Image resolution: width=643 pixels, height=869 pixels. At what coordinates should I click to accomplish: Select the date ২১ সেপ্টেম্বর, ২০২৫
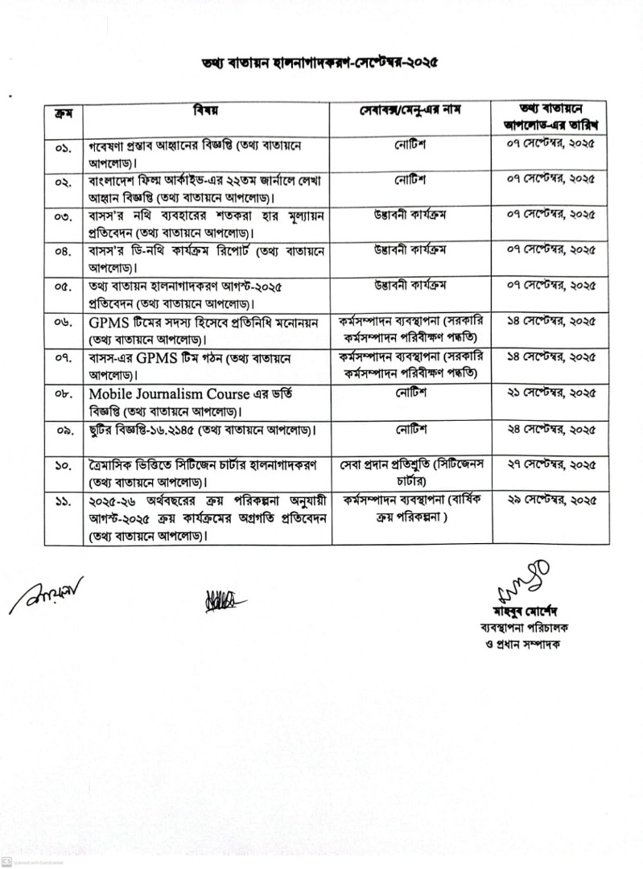(x=551, y=394)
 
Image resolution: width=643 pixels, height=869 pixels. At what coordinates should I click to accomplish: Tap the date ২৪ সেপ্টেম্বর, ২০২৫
(x=551, y=430)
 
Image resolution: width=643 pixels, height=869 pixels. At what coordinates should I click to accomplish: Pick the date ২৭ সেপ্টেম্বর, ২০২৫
(x=551, y=465)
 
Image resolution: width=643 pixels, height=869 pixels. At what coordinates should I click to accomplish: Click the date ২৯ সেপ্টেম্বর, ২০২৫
(x=551, y=500)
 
